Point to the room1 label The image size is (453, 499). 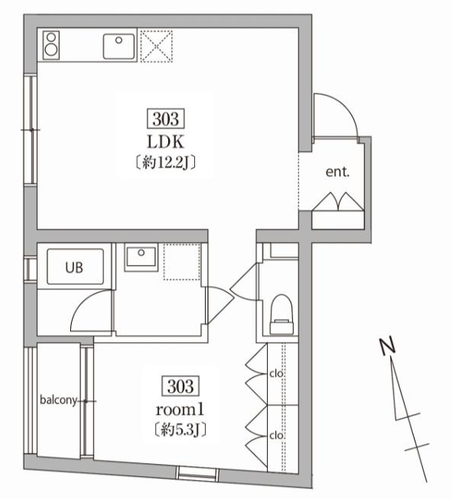click(x=178, y=407)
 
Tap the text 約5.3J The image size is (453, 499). click(x=178, y=428)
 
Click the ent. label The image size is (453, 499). click(x=338, y=173)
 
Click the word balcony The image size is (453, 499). click(x=57, y=400)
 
